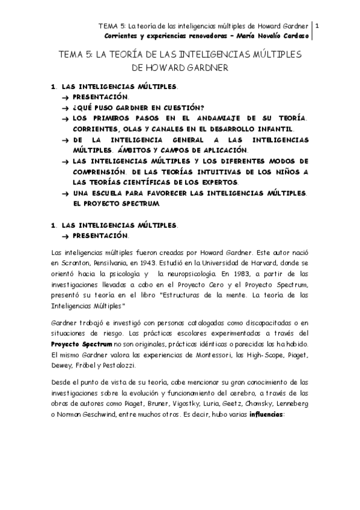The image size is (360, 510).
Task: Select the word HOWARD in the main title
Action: click(x=169, y=68)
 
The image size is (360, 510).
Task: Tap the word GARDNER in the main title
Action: click(x=207, y=68)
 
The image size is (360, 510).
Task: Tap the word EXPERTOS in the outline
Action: click(x=217, y=182)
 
